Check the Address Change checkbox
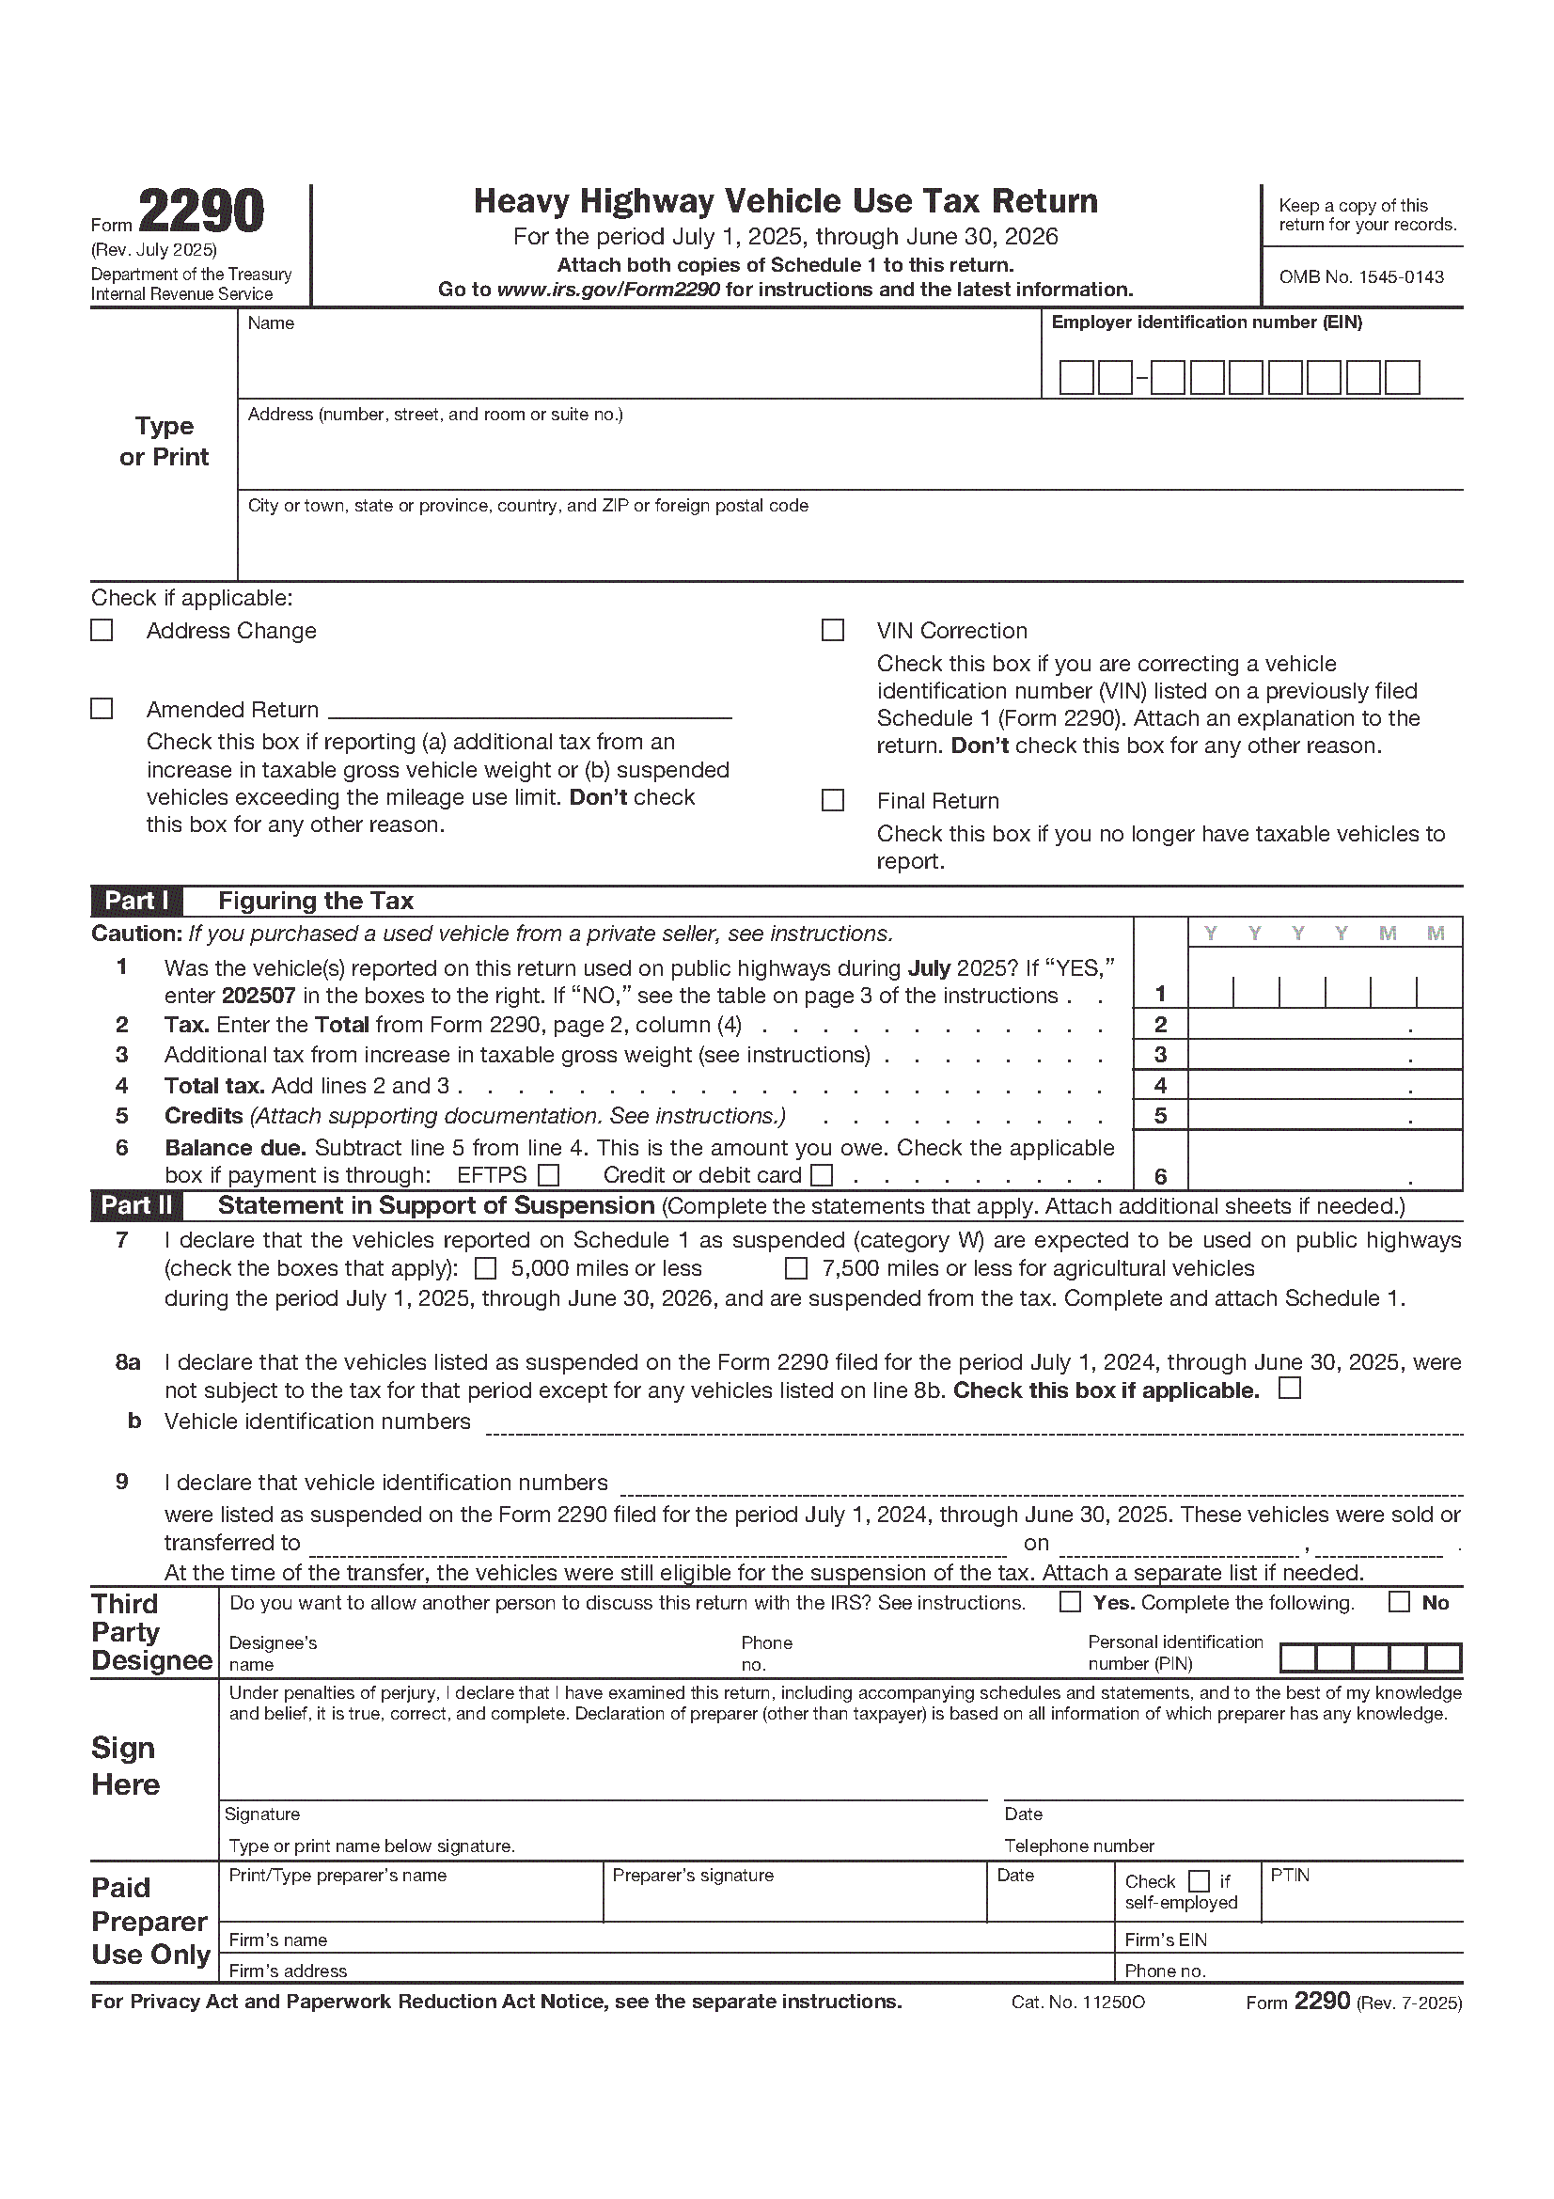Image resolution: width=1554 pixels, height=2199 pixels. (102, 630)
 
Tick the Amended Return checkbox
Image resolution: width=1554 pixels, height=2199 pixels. (102, 709)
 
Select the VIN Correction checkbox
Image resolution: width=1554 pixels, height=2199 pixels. (833, 630)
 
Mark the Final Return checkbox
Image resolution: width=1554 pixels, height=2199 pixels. (833, 801)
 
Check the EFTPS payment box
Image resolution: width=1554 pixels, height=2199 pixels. (549, 1175)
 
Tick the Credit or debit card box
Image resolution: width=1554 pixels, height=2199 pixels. (822, 1175)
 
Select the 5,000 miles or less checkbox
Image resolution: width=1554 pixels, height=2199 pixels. (486, 1269)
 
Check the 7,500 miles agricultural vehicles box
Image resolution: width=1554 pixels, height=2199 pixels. (795, 1269)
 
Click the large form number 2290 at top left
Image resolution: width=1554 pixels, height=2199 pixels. (201, 212)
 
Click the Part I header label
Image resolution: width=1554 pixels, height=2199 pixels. (137, 902)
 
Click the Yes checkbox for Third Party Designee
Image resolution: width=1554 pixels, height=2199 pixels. (1071, 1602)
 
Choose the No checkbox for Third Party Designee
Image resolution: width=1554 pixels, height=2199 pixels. (1399, 1602)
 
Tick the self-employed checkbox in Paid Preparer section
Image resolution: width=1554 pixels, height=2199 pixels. (1199, 1882)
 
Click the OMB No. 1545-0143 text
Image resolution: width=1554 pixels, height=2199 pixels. (1360, 277)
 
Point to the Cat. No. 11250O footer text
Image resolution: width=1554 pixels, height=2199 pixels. (1077, 2003)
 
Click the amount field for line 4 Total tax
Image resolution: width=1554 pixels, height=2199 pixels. (1325, 1085)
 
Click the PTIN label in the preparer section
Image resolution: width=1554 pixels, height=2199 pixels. (1290, 1876)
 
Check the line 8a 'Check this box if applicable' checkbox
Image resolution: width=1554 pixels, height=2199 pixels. (1290, 1389)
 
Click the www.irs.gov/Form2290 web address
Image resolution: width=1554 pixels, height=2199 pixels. (608, 291)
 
